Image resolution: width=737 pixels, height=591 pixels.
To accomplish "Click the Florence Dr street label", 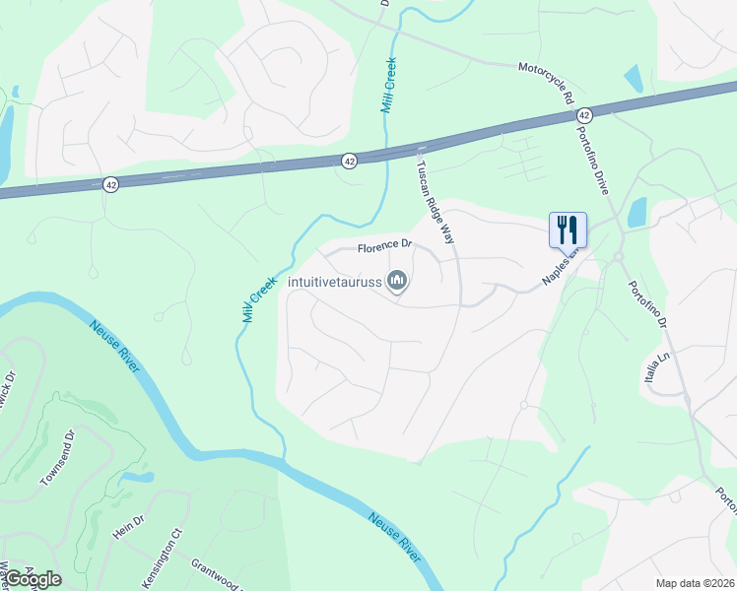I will pos(383,246).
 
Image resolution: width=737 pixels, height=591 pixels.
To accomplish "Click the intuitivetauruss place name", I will pos(334,283).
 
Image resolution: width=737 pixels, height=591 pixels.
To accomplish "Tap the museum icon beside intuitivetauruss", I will pos(397,282).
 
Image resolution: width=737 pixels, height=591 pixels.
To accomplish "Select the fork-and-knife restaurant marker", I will pos(568,230).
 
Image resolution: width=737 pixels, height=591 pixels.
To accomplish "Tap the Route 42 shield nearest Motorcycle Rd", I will pos(584,115).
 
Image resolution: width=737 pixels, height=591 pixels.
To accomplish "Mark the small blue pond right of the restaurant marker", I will pos(636,212).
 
